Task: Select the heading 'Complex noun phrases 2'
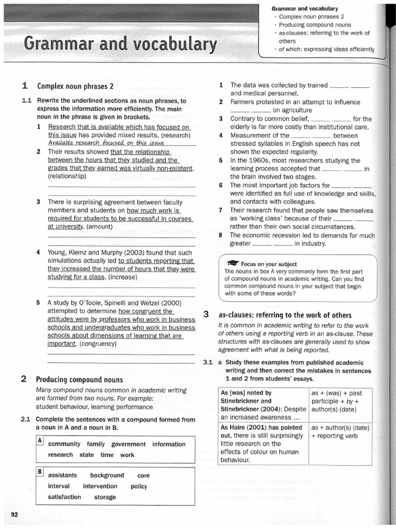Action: click(x=75, y=86)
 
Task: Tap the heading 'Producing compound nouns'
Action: click(x=79, y=380)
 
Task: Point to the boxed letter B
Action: click(x=40, y=472)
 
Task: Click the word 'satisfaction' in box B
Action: click(x=64, y=497)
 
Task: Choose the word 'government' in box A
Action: click(x=128, y=444)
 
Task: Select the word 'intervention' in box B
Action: click(x=100, y=486)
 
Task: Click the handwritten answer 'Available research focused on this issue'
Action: click(x=106, y=143)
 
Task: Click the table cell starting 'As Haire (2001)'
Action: click(x=263, y=443)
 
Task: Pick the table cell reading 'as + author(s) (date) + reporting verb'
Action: click(x=340, y=432)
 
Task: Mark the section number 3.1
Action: click(x=208, y=362)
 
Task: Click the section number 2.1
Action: click(x=26, y=419)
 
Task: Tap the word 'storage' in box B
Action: click(x=105, y=497)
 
